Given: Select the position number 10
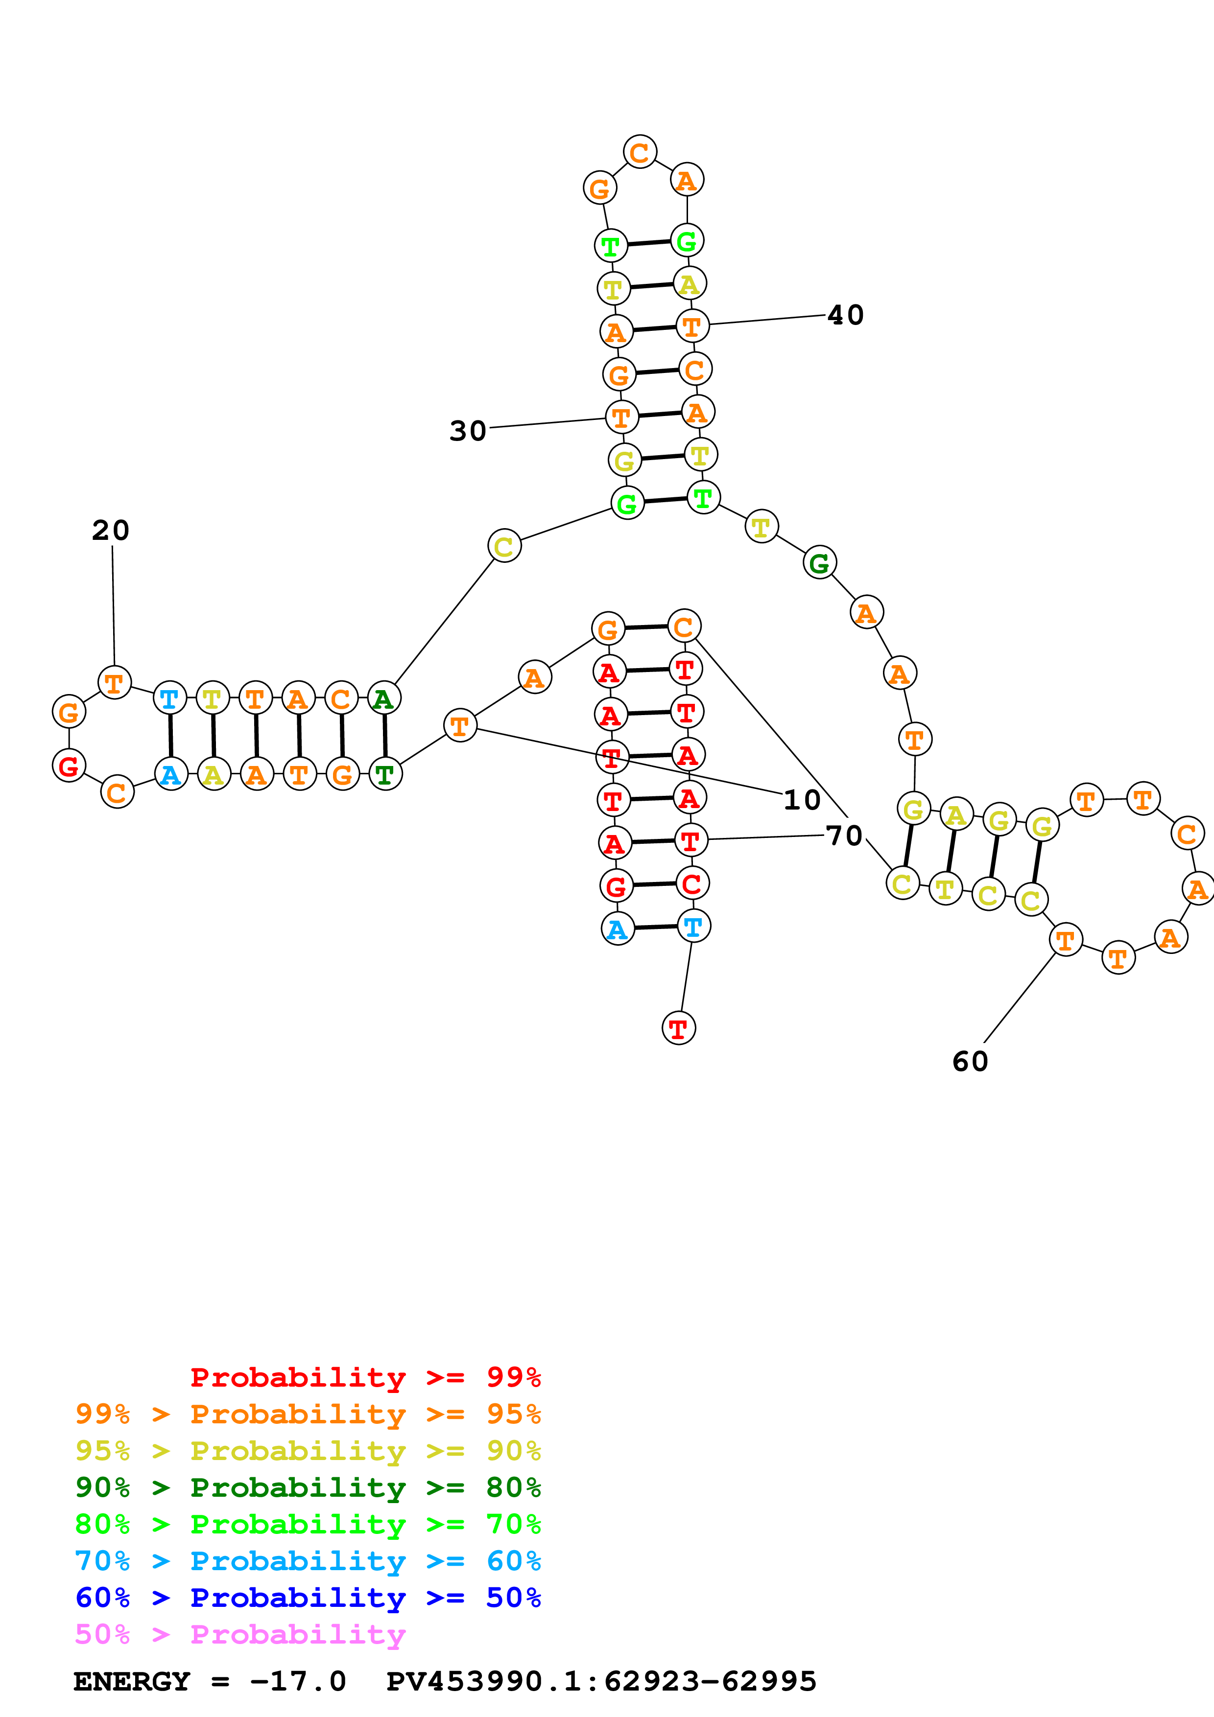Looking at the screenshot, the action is [x=802, y=800].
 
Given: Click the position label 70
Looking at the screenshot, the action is [x=844, y=835].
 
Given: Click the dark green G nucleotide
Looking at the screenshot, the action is [x=820, y=562].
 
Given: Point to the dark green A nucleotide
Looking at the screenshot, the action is [x=384, y=698].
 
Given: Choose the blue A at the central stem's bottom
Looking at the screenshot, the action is [x=617, y=929].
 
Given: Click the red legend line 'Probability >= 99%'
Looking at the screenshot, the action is [x=365, y=1377].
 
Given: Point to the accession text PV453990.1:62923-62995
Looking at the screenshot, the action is [x=601, y=1681].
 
